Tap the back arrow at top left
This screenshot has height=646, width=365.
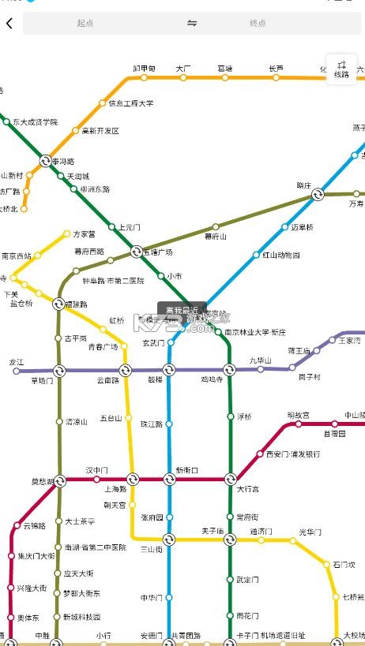[9, 23]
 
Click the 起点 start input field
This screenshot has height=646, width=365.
[85, 24]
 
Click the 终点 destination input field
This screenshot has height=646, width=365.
[258, 24]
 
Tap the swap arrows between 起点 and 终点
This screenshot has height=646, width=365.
[192, 24]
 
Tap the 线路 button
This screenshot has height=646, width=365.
[341, 69]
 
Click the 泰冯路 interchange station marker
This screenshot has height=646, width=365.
[46, 160]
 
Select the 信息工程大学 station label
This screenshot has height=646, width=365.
[131, 103]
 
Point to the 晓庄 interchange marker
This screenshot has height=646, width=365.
[318, 194]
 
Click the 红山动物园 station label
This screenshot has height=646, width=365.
[281, 255]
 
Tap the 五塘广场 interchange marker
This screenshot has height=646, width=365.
[136, 252]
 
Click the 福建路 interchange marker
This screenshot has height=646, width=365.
[58, 304]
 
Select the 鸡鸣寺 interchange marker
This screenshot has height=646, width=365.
[229, 370]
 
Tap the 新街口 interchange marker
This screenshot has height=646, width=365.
[169, 479]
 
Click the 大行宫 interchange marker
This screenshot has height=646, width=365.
[230, 479]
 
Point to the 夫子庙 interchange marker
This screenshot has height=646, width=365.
[229, 540]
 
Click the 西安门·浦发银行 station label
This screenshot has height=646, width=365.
[292, 454]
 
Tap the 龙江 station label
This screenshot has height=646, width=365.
[17, 361]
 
